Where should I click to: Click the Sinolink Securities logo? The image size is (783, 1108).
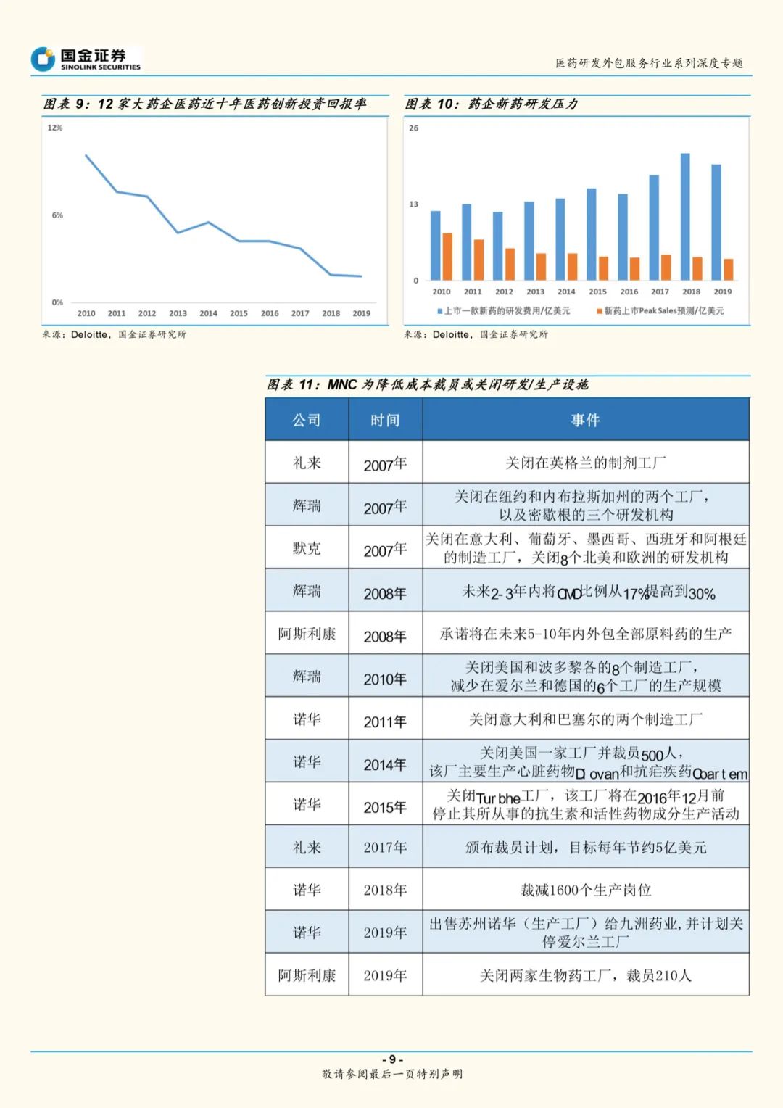tap(86, 59)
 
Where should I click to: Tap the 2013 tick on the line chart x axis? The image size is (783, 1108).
tap(178, 313)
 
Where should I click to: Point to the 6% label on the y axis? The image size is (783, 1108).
tap(57, 215)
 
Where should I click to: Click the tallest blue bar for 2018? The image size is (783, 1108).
tap(685, 216)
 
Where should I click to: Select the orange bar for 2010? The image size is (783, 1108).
tap(447, 256)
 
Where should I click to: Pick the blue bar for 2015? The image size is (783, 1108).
tap(592, 233)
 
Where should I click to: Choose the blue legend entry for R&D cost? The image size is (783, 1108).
tap(503, 311)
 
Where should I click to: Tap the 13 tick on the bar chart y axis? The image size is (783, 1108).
tap(414, 204)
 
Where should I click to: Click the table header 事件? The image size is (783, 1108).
tap(585, 420)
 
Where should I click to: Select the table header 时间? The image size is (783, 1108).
tap(385, 420)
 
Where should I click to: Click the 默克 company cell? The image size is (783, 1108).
tap(307, 548)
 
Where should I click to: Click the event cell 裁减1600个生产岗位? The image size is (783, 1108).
tap(585, 890)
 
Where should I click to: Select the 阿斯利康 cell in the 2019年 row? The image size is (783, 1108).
tap(307, 975)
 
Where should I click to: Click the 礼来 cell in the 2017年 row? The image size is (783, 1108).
tap(307, 847)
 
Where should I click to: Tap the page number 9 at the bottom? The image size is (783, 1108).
tap(392, 1059)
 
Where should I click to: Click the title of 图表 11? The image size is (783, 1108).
tap(428, 384)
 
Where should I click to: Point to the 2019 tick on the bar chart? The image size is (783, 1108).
tap(722, 292)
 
